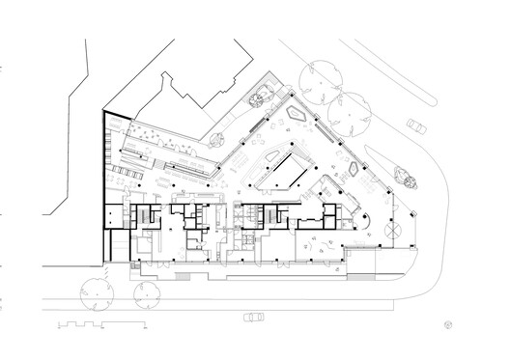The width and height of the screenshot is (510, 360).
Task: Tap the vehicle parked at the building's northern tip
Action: coord(261,96)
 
